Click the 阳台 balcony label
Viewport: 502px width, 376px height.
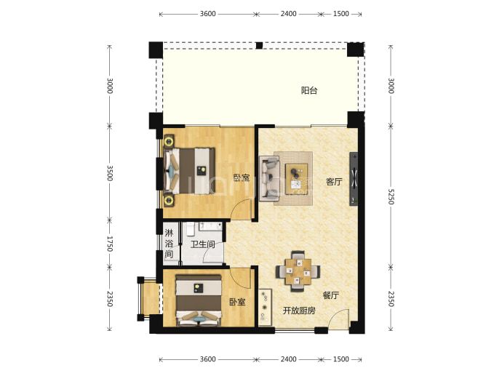[309, 91]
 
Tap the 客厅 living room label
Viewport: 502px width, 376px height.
[334, 182]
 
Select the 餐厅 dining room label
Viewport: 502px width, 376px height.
[331, 295]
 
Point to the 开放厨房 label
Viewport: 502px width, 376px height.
[299, 311]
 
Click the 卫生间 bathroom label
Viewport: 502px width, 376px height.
[202, 244]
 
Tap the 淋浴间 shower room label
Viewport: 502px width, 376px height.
[169, 243]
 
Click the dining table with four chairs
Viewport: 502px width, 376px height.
[298, 271]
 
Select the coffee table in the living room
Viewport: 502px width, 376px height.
[296, 179]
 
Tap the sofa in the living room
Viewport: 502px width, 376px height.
[269, 178]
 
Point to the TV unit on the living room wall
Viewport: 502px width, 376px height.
[354, 179]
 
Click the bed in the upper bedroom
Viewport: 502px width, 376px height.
[189, 171]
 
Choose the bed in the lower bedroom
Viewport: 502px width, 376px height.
[199, 300]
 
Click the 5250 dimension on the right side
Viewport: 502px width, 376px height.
[391, 196]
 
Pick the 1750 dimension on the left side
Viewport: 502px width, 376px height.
[109, 244]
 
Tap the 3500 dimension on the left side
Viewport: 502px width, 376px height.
[109, 173]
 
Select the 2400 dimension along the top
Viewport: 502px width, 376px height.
[288, 14]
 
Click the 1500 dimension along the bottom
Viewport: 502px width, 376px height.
[341, 359]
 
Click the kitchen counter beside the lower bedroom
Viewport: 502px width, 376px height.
[265, 308]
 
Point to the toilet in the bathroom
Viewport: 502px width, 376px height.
[191, 228]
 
